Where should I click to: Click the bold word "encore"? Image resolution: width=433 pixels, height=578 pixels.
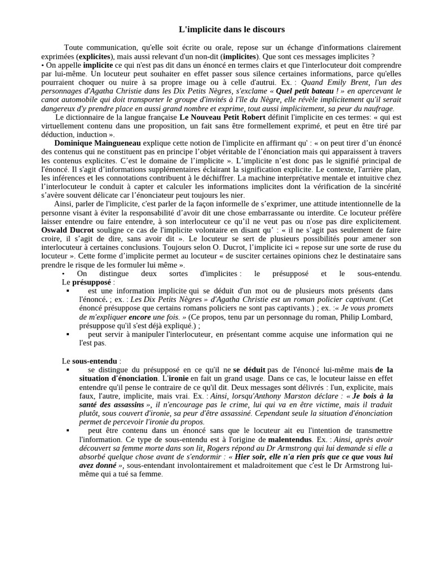click(139, 317)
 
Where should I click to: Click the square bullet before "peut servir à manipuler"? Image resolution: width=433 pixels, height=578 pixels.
click(68, 335)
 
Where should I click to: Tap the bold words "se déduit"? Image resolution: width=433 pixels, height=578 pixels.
click(249, 369)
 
